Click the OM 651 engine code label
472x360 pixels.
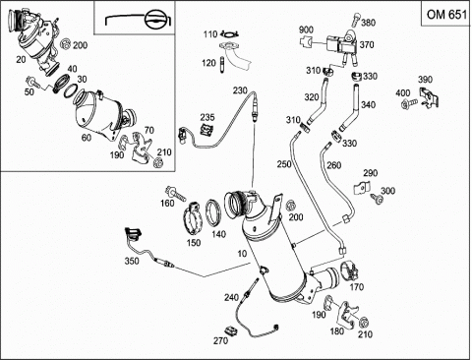point(446,15)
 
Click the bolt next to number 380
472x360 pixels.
point(356,20)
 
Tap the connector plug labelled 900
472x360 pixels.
point(306,41)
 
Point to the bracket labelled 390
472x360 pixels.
point(429,96)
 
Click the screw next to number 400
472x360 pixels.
point(409,103)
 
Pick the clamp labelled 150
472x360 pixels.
point(193,219)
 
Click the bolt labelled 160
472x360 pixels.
point(176,193)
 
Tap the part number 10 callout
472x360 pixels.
point(242,254)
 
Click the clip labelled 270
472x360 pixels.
point(232,331)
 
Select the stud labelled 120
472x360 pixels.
point(222,66)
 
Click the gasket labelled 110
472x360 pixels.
point(229,33)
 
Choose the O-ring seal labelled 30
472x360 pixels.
point(71,90)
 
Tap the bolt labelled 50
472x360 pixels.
point(32,82)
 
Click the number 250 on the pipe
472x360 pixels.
point(284,164)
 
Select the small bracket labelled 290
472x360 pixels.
point(362,188)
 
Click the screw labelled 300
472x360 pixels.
point(377,199)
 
